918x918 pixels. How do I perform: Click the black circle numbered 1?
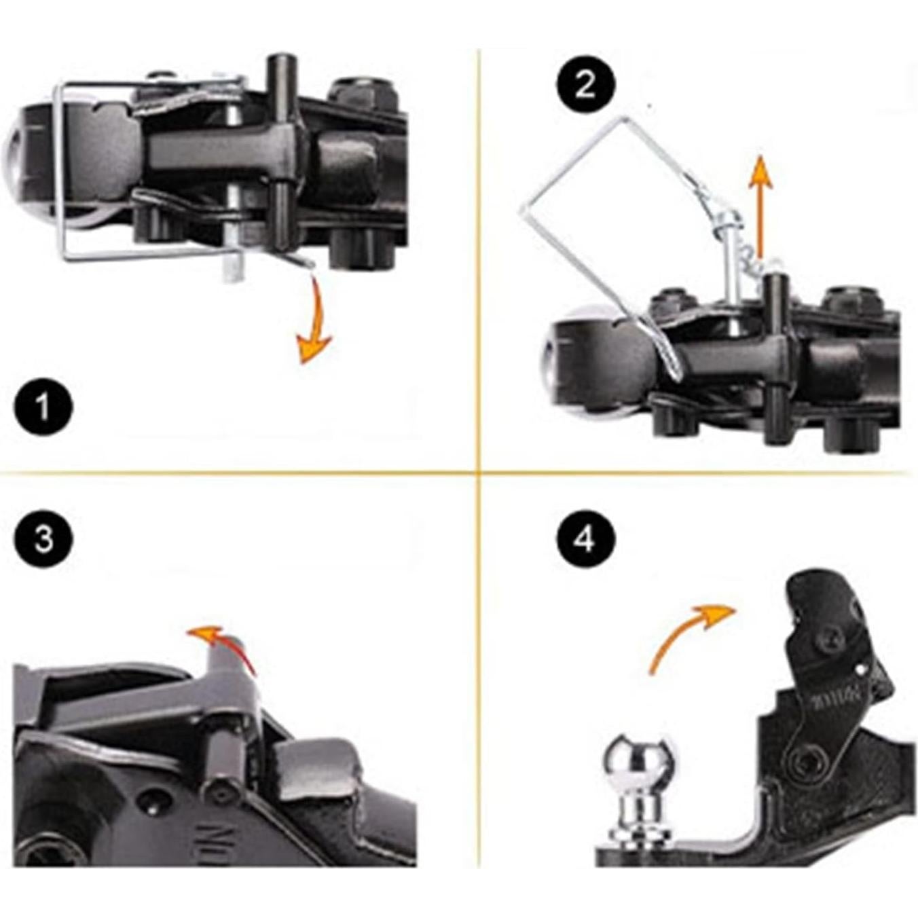[43, 408]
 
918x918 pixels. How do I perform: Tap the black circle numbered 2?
[585, 86]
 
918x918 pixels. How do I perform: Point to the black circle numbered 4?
[585, 540]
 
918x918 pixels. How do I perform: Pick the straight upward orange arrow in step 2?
[760, 204]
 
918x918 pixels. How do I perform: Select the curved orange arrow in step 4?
[686, 631]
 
